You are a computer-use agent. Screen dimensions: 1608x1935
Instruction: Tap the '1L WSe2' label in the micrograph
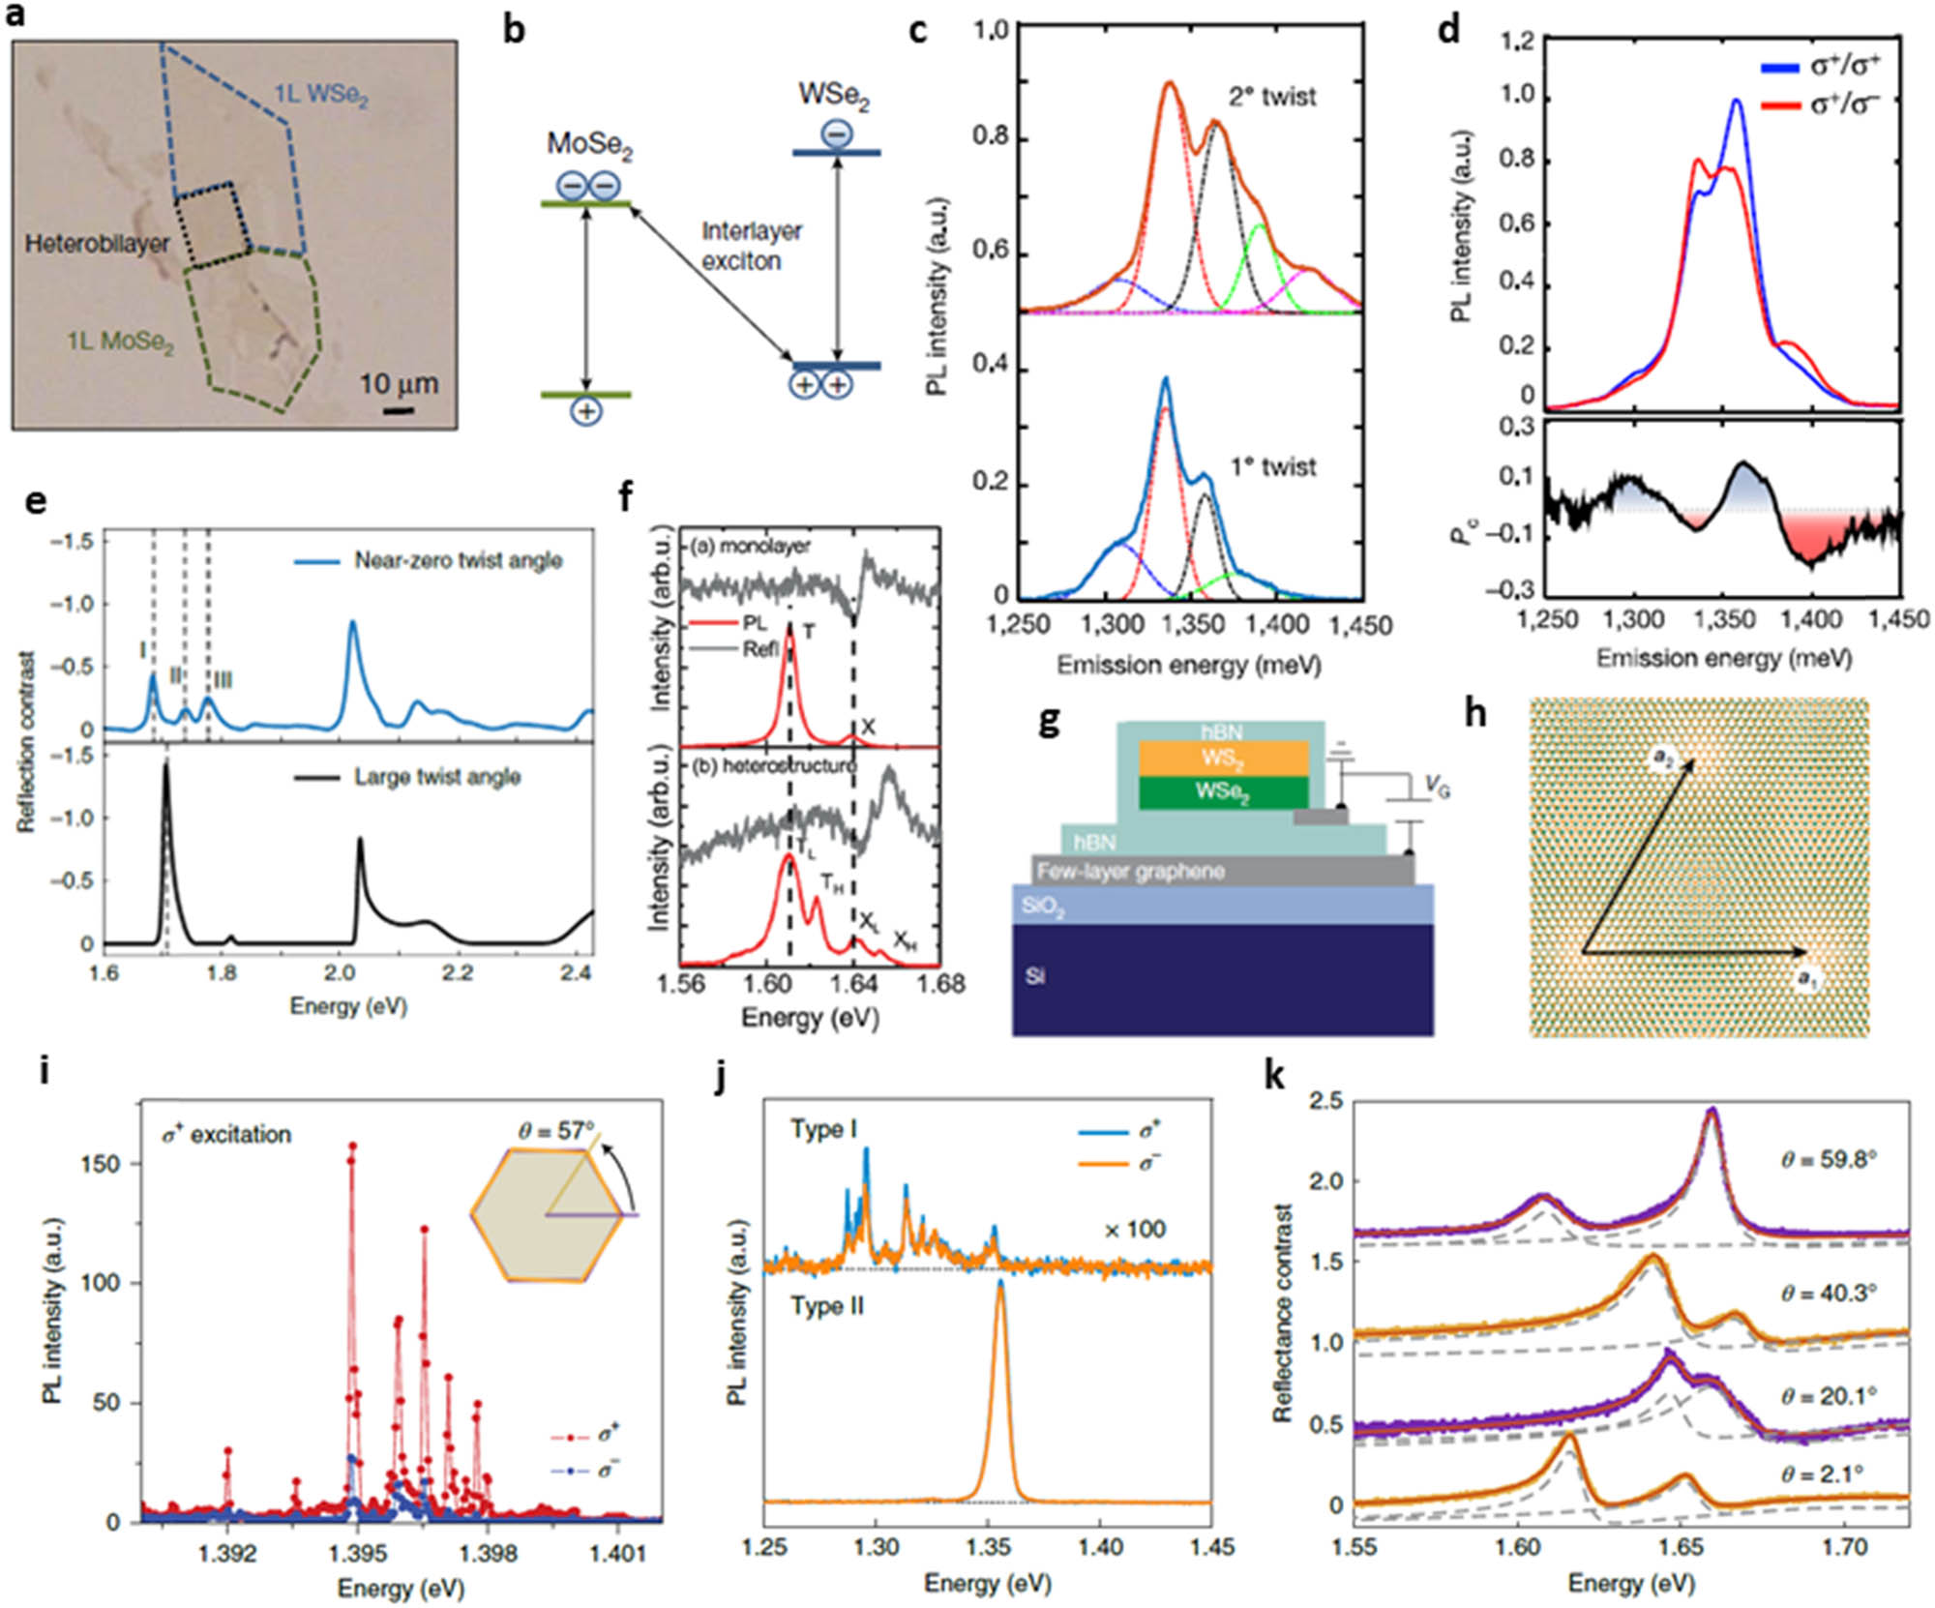point(321,95)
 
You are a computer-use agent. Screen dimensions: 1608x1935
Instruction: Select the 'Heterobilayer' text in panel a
point(97,243)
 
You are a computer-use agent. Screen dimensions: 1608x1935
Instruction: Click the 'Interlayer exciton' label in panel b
point(752,246)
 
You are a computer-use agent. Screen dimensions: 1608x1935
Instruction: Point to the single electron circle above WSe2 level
point(836,134)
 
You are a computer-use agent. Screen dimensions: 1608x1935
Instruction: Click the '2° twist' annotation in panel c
point(1272,97)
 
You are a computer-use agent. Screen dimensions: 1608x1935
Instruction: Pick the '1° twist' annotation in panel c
point(1272,467)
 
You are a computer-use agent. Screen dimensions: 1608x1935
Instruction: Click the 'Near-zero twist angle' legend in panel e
point(457,560)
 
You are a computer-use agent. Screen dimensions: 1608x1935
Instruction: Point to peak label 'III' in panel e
point(222,682)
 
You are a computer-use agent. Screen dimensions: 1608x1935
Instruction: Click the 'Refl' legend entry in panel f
point(761,650)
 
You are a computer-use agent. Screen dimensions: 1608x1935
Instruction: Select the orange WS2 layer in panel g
point(1223,758)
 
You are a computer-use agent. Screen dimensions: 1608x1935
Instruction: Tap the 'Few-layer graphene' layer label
point(1130,872)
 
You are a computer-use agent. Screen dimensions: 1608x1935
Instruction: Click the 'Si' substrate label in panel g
point(1035,975)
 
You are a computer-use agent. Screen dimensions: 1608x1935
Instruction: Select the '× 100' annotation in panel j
point(1134,1230)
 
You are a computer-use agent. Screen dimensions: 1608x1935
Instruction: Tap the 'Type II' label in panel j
point(826,1306)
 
